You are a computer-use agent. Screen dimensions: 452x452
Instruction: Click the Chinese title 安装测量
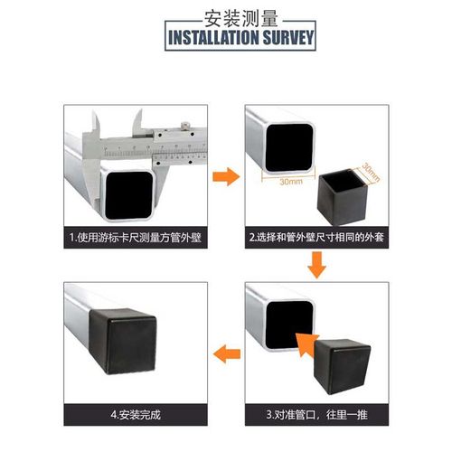[x=225, y=17]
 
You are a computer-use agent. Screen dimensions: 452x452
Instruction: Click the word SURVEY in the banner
[x=285, y=38]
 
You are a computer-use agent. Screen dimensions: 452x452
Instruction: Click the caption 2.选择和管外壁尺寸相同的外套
[x=317, y=239]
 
